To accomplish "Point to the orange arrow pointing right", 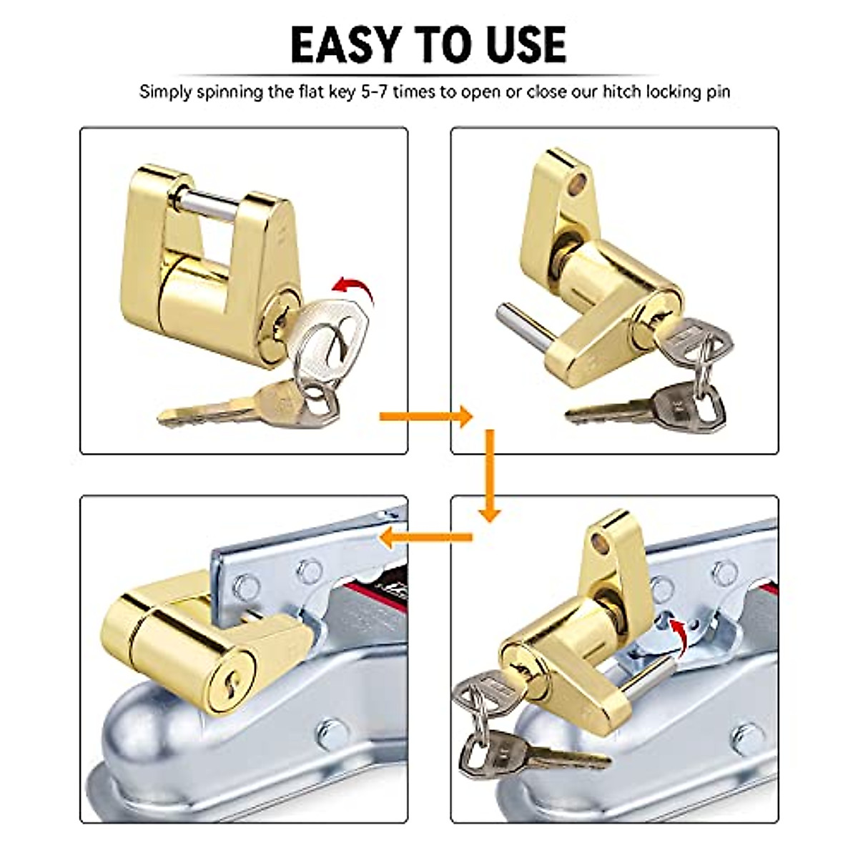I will click(x=426, y=415).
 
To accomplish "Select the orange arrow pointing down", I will click(x=490, y=475).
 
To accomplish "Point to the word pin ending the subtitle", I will click(x=717, y=92).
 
